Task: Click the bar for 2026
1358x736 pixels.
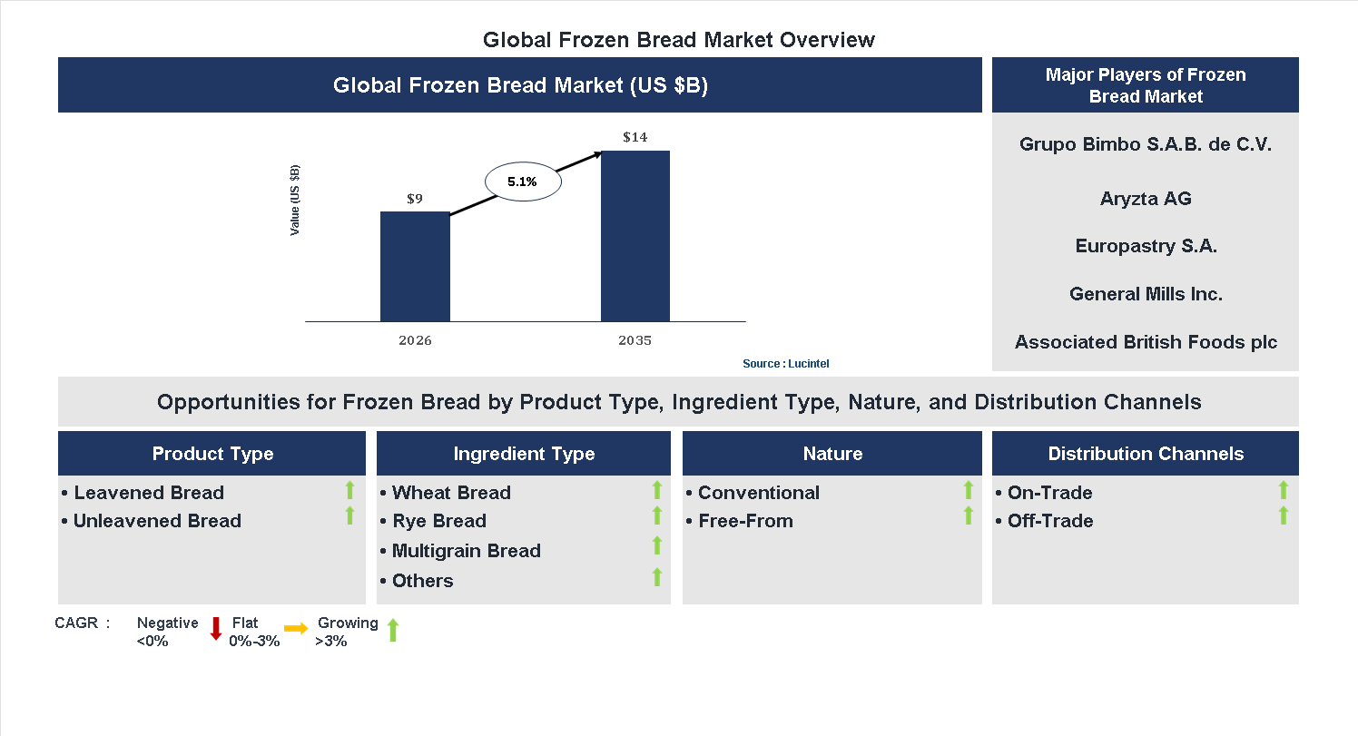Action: [415, 267]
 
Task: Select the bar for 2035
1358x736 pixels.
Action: [635, 236]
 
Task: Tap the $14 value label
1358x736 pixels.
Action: [635, 137]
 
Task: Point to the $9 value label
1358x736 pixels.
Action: [415, 199]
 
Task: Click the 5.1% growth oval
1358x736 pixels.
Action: [523, 182]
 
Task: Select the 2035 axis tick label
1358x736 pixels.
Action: [635, 341]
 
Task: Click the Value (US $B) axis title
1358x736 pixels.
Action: [295, 201]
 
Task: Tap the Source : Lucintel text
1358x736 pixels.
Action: [785, 364]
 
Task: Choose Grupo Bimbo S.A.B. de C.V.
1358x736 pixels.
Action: [1145, 144]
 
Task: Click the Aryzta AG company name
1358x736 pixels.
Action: [1145, 199]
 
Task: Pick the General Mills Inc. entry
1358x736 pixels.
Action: [1145, 294]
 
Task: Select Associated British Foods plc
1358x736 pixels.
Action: [1145, 342]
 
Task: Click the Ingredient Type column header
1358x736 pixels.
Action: [524, 454]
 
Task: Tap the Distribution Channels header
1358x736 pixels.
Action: [1145, 454]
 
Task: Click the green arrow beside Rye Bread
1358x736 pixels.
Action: [657, 516]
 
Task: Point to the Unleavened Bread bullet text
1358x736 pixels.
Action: [157, 521]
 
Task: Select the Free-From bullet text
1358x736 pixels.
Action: [745, 521]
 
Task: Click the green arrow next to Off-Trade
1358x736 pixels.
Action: [1283, 516]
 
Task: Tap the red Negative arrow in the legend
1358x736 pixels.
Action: [216, 628]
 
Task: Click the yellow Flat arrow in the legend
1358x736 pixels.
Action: [296, 628]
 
